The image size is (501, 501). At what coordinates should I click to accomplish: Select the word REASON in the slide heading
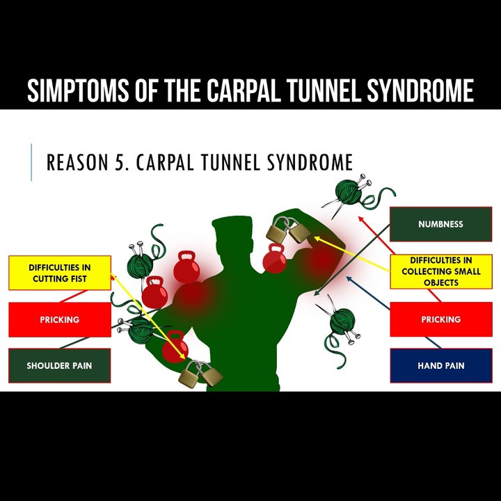click(78, 163)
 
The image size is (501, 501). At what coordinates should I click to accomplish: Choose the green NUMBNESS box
click(440, 224)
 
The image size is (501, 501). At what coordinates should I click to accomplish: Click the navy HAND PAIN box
click(440, 365)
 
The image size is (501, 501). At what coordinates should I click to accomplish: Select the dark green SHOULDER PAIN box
click(59, 365)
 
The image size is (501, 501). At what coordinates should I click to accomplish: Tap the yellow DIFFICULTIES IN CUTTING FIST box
click(59, 273)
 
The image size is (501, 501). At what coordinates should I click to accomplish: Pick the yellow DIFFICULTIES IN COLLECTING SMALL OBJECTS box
click(440, 272)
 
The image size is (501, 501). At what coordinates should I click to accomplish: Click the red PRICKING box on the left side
click(59, 319)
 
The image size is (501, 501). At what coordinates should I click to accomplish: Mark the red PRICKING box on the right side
click(440, 319)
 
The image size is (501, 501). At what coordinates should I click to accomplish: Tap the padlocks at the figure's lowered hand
click(200, 374)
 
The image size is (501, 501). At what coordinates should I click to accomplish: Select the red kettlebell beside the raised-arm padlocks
click(275, 259)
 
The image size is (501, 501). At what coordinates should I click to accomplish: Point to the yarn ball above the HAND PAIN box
click(342, 323)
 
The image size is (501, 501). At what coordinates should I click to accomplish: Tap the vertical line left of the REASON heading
click(31, 163)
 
